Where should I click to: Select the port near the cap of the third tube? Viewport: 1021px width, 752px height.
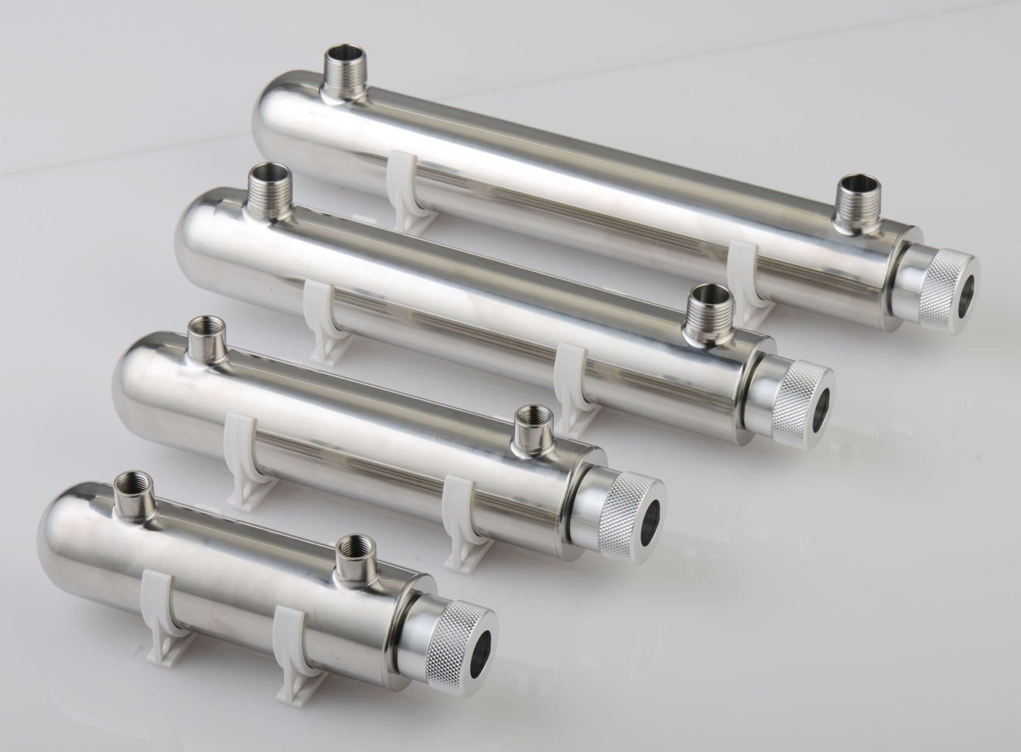531,430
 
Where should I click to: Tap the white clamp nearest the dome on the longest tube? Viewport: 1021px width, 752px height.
407,190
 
